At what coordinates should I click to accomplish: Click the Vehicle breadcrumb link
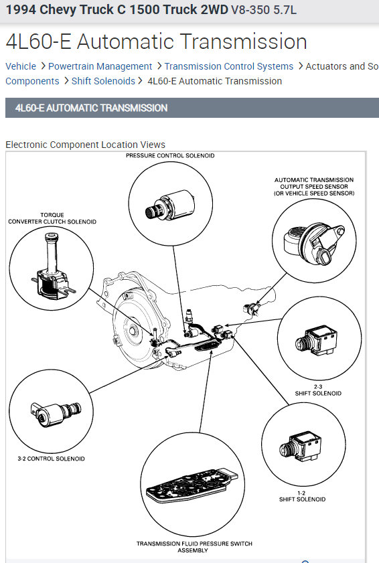[x=21, y=66]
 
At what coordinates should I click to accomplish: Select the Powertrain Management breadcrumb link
[x=100, y=66]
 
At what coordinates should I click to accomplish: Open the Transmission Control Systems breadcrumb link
[x=229, y=66]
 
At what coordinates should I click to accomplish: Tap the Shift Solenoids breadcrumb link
[x=103, y=81]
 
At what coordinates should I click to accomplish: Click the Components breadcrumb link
[x=32, y=81]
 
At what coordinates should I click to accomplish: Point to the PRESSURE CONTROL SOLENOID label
[x=170, y=155]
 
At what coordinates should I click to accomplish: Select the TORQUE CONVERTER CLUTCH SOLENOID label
[x=52, y=218]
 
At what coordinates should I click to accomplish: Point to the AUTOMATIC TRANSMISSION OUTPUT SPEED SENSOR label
[x=314, y=186]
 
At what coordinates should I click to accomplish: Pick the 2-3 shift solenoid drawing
[x=317, y=340]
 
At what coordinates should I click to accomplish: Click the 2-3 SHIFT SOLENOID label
[x=318, y=390]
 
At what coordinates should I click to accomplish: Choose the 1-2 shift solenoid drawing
[x=301, y=447]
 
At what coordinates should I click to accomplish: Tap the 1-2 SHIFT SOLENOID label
[x=302, y=496]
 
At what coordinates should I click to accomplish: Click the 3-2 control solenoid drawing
[x=56, y=414]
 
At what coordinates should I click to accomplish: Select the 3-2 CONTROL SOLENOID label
[x=51, y=459]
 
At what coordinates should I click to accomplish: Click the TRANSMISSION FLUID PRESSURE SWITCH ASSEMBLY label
[x=194, y=547]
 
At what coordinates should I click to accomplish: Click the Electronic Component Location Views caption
[x=85, y=145]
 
